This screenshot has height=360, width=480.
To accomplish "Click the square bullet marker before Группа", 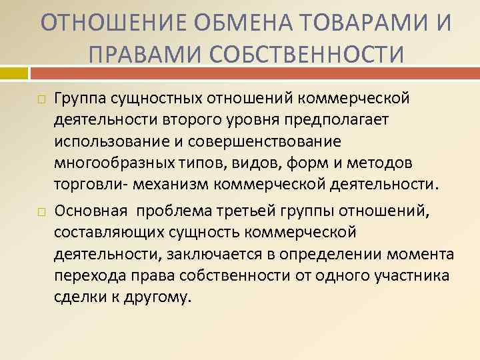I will point(41,99).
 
